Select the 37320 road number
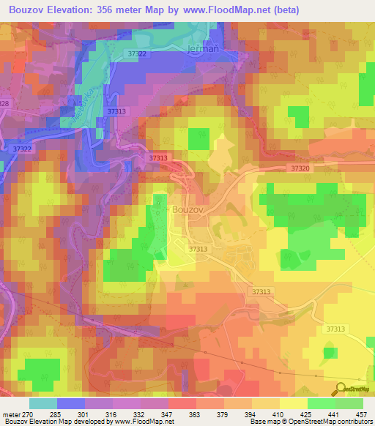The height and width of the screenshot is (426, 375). pos(300,168)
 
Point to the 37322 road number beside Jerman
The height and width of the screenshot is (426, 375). pos(136,54)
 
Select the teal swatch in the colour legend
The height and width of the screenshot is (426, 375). pos(42,403)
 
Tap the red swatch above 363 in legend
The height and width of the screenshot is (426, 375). pos(182,403)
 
